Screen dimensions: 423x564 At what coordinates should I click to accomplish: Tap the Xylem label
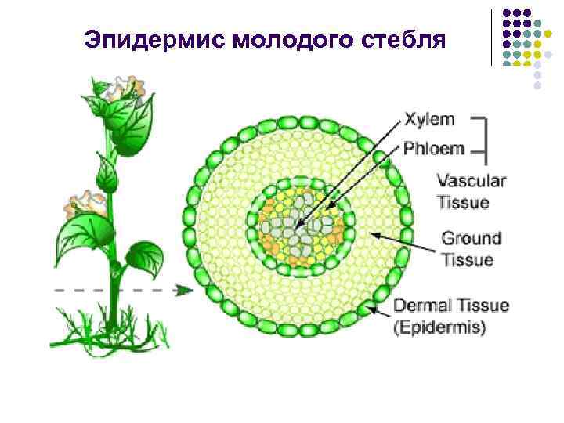pyautogui.click(x=429, y=119)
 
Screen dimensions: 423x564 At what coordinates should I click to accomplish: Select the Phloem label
pyautogui.click(x=434, y=148)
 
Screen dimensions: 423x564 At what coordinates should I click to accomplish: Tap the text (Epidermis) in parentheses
pyautogui.click(x=439, y=327)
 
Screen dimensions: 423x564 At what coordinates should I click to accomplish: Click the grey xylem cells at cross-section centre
pyautogui.click(x=297, y=228)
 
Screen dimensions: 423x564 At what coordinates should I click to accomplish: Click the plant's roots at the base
pyautogui.click(x=110, y=329)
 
